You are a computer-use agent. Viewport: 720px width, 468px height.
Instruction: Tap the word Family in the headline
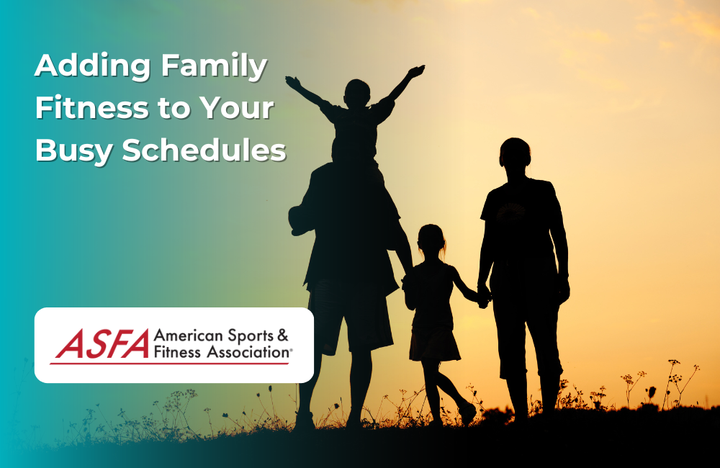coord(214,67)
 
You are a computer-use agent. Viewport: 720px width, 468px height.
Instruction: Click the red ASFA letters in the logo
coord(103,343)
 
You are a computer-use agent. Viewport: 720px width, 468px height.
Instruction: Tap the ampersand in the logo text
coord(283,336)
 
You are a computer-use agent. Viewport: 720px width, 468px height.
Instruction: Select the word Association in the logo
coord(248,352)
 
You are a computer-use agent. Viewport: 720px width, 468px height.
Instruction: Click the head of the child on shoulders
coord(357,93)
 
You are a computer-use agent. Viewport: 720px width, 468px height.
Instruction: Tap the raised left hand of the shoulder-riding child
coord(292,82)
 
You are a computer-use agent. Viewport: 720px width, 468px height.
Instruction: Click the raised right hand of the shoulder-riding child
coord(416,71)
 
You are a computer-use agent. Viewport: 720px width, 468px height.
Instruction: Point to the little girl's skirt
coord(434,343)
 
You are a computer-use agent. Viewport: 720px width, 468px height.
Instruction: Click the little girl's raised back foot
coord(467,413)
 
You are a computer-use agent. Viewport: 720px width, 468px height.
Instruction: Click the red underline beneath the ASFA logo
coord(169,363)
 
